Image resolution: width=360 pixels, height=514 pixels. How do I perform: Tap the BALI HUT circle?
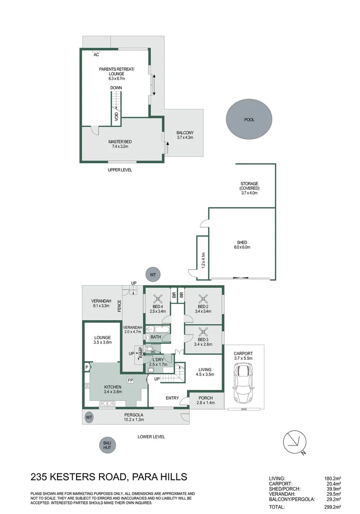(107, 445)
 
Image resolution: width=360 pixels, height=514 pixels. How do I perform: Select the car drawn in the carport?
(243, 384)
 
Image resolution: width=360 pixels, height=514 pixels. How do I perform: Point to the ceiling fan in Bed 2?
(203, 298)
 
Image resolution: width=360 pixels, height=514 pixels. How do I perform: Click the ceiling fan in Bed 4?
(158, 298)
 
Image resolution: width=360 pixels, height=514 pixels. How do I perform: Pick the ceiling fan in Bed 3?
(203, 332)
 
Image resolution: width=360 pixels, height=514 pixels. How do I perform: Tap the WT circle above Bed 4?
(153, 275)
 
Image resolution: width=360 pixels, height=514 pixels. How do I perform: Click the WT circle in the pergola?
(89, 417)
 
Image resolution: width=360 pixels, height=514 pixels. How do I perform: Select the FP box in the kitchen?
(130, 380)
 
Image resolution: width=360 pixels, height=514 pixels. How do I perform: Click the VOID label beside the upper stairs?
(117, 116)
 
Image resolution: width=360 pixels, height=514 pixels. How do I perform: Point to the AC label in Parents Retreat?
(97, 55)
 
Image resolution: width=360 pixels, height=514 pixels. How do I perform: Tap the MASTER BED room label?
(120, 142)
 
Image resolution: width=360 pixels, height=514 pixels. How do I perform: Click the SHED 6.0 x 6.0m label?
(242, 245)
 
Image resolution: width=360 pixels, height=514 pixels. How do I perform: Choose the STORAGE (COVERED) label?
(249, 186)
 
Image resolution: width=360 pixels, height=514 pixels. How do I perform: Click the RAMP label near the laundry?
(141, 352)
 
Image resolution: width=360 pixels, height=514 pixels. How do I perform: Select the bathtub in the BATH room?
(163, 329)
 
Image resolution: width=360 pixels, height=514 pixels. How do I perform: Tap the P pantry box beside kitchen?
(87, 367)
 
